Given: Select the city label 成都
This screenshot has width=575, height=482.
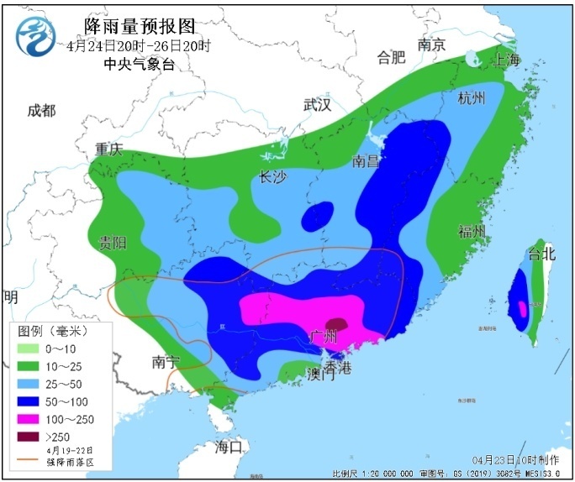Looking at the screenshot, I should [40, 111].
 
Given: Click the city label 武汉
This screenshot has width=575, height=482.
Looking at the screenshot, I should [317, 105].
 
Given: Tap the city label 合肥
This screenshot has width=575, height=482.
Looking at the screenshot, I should [391, 57].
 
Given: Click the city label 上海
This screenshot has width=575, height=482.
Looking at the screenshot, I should [507, 60].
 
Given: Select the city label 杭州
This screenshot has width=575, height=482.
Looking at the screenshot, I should [471, 98].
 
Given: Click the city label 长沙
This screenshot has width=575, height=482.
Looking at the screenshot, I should [273, 177].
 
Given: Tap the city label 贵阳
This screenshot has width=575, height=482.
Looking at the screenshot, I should [112, 243].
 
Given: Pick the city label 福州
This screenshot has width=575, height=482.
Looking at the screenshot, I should [472, 232].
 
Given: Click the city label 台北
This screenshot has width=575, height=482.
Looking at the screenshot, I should [541, 253].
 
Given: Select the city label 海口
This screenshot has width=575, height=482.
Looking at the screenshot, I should [228, 446].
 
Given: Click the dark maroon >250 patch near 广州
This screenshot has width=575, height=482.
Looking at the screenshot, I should [337, 324].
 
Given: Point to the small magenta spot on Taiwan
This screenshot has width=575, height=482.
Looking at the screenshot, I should [522, 308].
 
